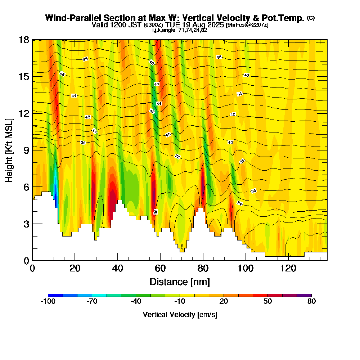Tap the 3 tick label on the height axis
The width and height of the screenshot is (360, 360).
tap(26, 224)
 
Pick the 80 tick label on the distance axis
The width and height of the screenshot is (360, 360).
tap(203, 269)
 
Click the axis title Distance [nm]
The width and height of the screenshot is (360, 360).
tap(180, 282)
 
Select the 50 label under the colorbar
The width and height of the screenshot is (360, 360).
tap(267, 302)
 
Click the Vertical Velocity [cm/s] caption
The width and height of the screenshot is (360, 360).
tap(180, 315)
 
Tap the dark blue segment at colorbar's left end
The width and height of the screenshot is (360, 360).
tap(55, 295)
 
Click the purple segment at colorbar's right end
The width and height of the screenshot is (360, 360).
tap(304, 295)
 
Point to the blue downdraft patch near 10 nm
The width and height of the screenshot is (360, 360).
tap(55, 191)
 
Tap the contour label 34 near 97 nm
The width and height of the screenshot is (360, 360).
tap(239, 203)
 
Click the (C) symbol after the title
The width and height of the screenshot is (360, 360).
tap(311, 18)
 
